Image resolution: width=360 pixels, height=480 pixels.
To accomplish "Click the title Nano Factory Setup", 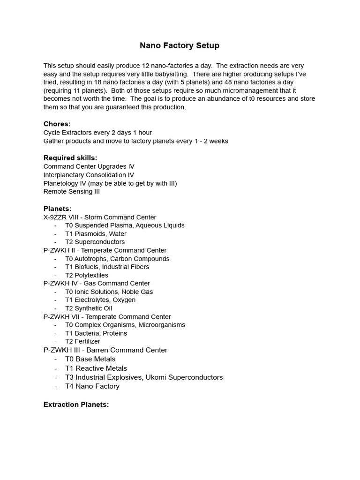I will [180, 45].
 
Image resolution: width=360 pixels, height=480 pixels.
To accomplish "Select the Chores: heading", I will [57, 124].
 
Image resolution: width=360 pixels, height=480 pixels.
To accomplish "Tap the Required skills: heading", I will [70, 158].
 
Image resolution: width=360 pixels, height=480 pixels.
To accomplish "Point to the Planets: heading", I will [57, 209].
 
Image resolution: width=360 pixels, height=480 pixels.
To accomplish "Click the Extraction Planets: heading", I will [76, 405].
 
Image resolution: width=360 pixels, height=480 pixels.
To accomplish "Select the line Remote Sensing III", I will [71, 191].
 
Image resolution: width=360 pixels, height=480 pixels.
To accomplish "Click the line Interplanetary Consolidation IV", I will [89, 175].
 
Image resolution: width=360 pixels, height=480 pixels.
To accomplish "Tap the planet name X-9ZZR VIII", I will [61, 217].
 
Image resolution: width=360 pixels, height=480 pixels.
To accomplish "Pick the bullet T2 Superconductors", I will [95, 242].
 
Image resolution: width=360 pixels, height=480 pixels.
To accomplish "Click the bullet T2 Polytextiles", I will [87, 275].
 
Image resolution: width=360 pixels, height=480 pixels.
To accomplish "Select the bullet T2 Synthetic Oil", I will [88, 308].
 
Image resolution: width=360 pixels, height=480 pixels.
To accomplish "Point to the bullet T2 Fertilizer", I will [82, 341].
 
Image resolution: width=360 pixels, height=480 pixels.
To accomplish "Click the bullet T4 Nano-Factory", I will [92, 386].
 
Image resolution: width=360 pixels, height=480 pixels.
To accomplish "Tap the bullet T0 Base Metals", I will [90, 359].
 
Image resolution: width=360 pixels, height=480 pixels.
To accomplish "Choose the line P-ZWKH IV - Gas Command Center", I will [97, 283].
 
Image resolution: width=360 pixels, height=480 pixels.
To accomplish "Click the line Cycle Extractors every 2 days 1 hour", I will [97, 133].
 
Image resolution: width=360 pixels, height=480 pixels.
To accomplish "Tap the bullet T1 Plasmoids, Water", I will [96, 233].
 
